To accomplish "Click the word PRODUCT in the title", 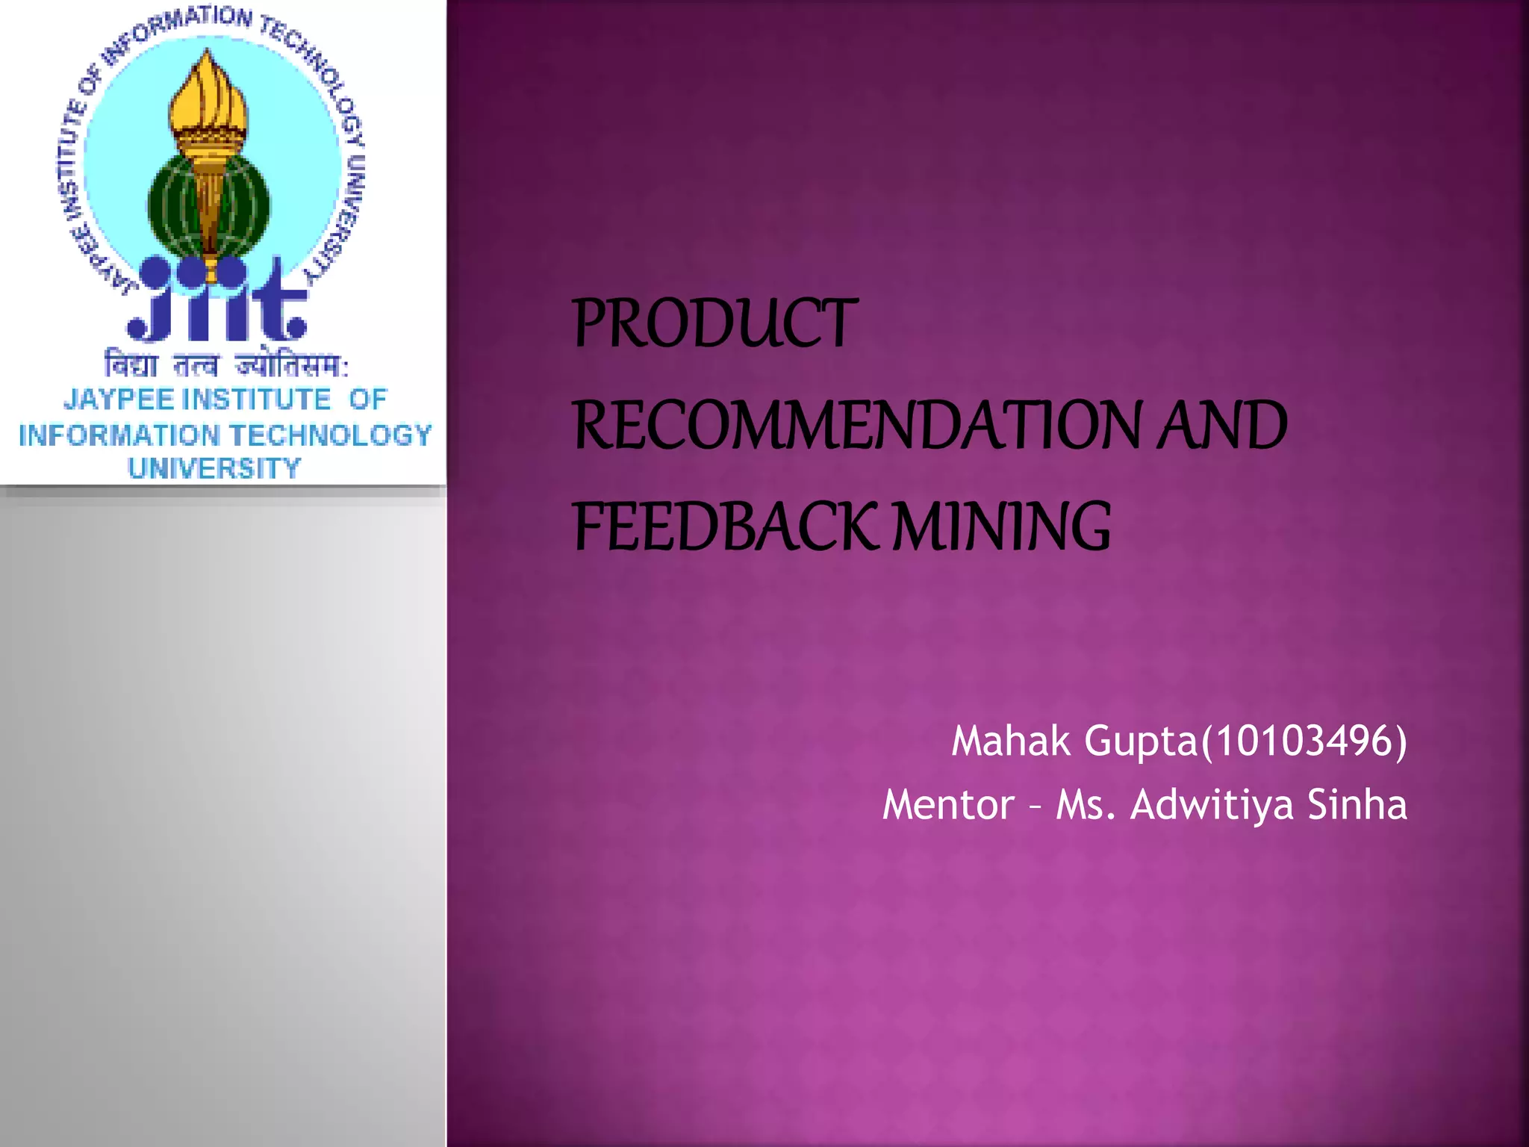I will point(714,323).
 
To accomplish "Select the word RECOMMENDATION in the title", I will point(857,426).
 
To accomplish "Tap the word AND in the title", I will point(1221,426).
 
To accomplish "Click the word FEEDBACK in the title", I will point(723,526).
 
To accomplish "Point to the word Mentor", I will point(947,805).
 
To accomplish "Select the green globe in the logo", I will point(209,202).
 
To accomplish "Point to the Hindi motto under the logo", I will point(225,365).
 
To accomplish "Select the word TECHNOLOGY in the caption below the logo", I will point(330,435).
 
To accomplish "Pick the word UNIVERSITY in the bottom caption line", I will point(214,468).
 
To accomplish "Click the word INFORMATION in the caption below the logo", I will point(119,435).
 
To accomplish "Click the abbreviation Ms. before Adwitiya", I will point(1086,805).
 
